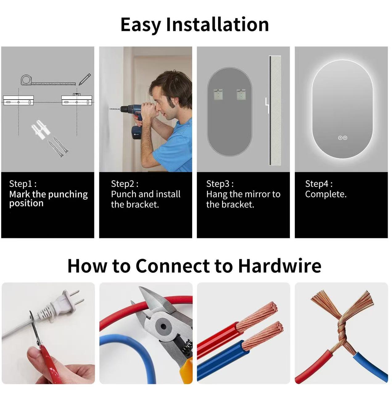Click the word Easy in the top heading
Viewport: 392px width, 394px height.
click(x=141, y=25)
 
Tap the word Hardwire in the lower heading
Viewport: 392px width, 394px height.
click(x=279, y=266)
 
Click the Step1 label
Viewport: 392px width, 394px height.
click(x=23, y=184)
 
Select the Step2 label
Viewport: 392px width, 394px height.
click(x=125, y=184)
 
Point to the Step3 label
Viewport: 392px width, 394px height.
click(x=220, y=184)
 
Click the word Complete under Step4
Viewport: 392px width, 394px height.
click(x=326, y=194)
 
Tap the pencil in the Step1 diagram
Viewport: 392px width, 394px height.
click(x=85, y=79)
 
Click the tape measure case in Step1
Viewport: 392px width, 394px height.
click(x=27, y=80)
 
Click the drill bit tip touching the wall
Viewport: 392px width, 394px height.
click(x=110, y=109)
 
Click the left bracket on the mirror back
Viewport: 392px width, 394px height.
click(x=218, y=94)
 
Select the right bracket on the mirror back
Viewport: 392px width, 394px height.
click(x=241, y=94)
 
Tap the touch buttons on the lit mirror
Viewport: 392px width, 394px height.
click(x=342, y=138)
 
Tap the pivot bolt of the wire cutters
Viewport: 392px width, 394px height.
click(x=163, y=326)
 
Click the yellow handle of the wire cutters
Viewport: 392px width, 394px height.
click(x=186, y=366)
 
